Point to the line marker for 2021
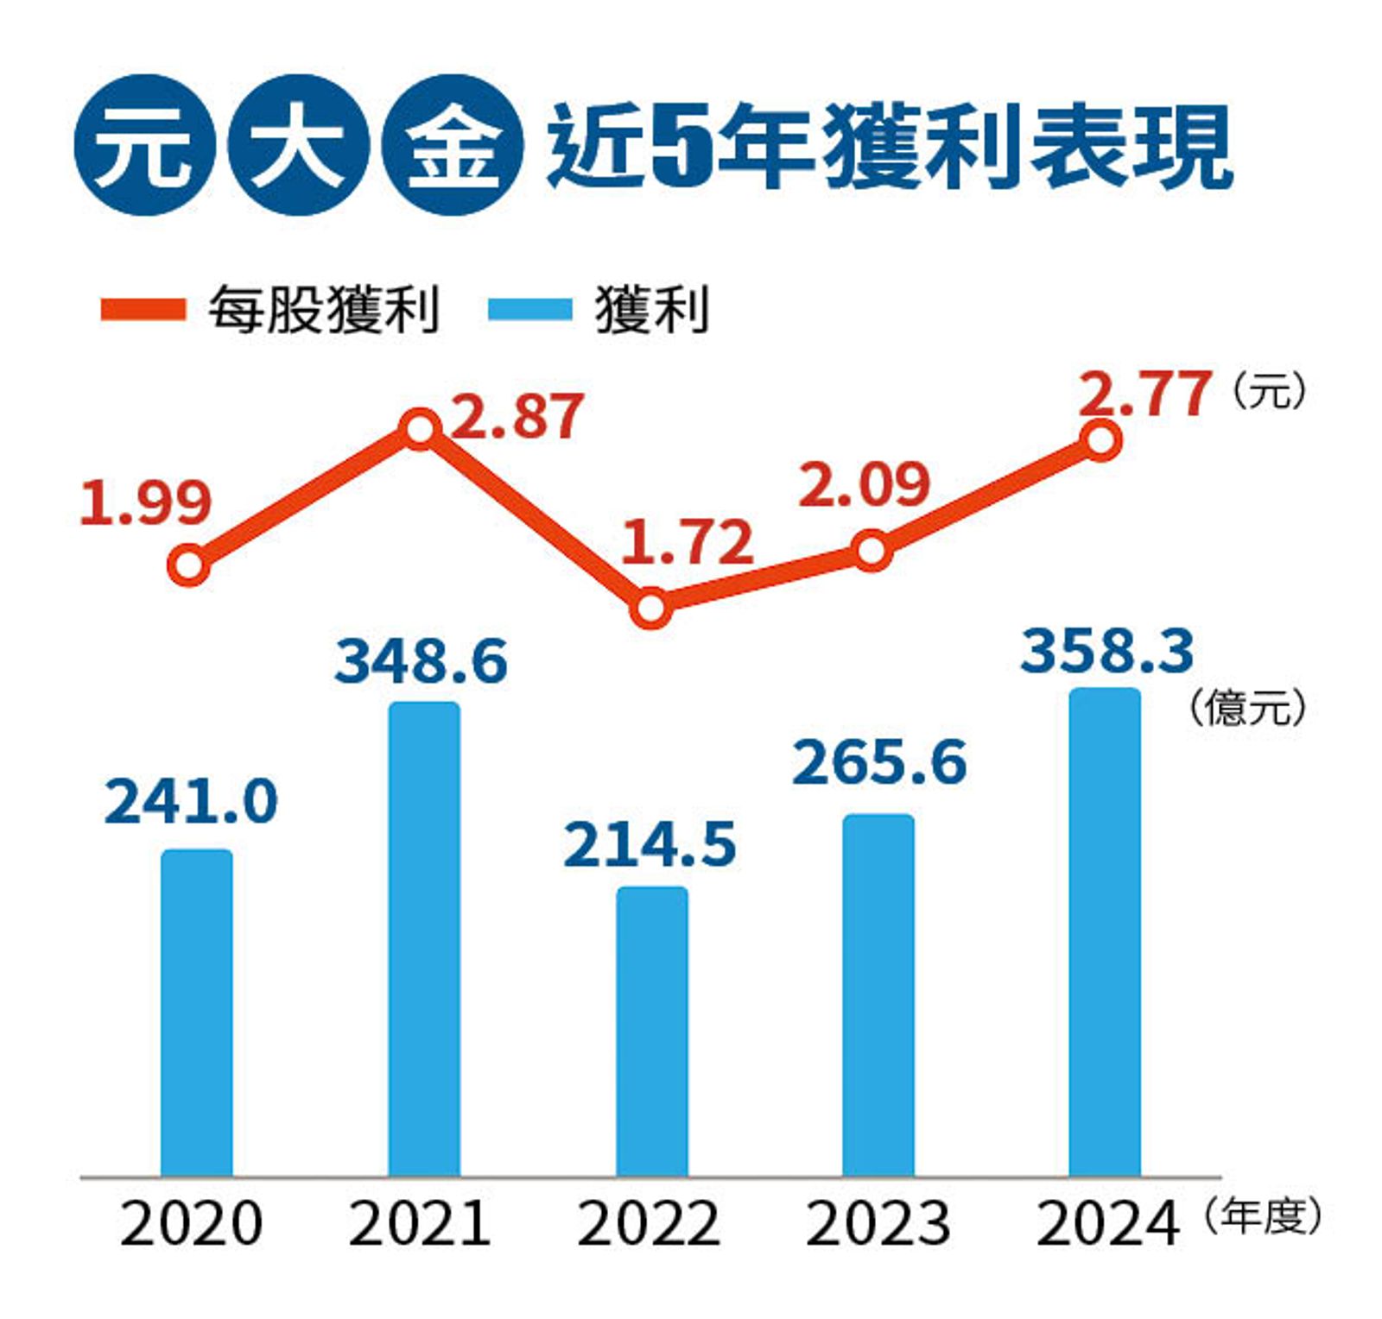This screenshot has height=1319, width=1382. pyautogui.click(x=420, y=429)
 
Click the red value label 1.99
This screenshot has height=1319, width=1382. pyautogui.click(x=145, y=503)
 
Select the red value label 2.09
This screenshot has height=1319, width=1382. pyautogui.click(x=864, y=484)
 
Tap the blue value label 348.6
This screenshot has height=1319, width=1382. pyautogui.click(x=422, y=662)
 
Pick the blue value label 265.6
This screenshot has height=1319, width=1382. pyautogui.click(x=879, y=763)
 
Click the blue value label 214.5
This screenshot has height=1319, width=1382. pyautogui.click(x=650, y=844)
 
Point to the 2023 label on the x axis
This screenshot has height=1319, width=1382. pyautogui.click(x=878, y=1224)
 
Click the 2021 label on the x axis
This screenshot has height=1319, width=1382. pyautogui.click(x=420, y=1224)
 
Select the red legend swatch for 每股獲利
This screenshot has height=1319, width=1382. pyautogui.click(x=143, y=309)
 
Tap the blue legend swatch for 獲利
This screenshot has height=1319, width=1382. pyautogui.click(x=529, y=309)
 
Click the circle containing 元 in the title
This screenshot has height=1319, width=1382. pyautogui.click(x=143, y=145)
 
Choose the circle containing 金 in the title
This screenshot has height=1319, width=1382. pyautogui.click(x=452, y=145)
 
